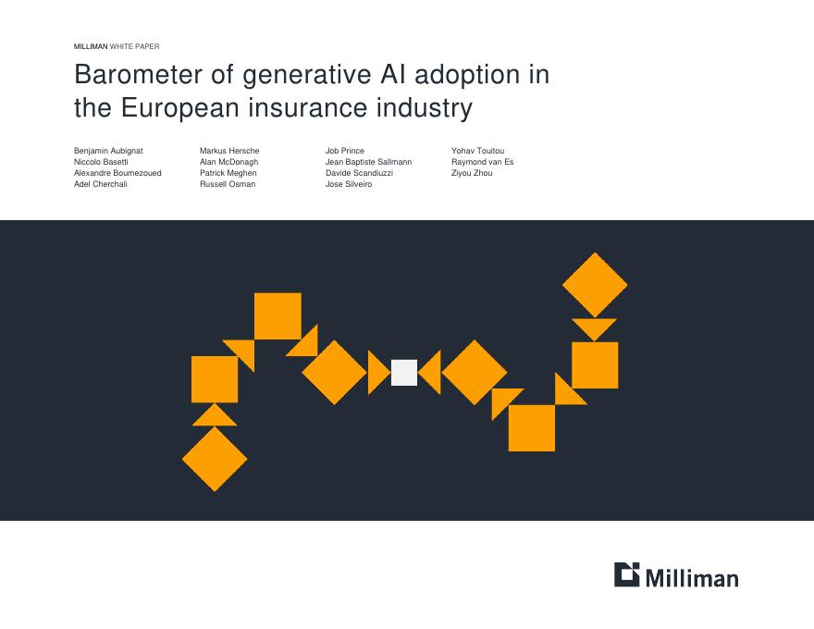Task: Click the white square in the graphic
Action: [404, 373]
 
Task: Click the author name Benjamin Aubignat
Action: [108, 151]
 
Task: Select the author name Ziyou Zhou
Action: [472, 173]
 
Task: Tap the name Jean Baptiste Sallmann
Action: [368, 162]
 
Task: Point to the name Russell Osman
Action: [228, 184]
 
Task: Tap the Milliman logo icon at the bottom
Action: [626, 574]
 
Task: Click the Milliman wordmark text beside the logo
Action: [692, 578]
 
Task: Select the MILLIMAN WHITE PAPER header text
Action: [117, 46]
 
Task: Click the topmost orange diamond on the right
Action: [595, 285]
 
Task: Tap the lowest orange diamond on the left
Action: [215, 459]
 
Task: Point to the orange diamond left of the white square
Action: [335, 373]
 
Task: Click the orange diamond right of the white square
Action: [475, 373]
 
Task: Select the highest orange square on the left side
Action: [277, 316]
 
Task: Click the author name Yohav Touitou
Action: [477, 151]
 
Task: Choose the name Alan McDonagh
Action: [228, 162]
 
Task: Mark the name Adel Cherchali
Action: [101, 184]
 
